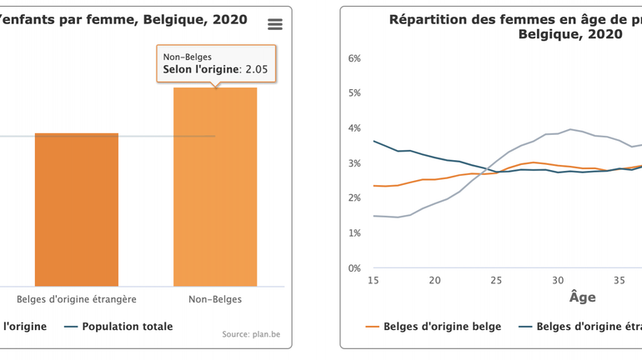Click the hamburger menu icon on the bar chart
point(274,24)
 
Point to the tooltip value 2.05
point(253,70)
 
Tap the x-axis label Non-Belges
point(215,299)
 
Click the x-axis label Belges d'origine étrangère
point(77,299)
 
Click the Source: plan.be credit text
point(251,334)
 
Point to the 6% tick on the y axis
point(354,58)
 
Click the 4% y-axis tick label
point(354,128)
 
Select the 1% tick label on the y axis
point(354,233)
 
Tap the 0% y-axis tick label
point(354,268)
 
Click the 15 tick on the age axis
point(374,281)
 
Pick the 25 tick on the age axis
point(496,281)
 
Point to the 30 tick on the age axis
point(558,281)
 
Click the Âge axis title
point(582,297)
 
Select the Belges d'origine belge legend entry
point(442,327)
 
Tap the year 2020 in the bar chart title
point(230,19)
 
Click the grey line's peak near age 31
point(570,129)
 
